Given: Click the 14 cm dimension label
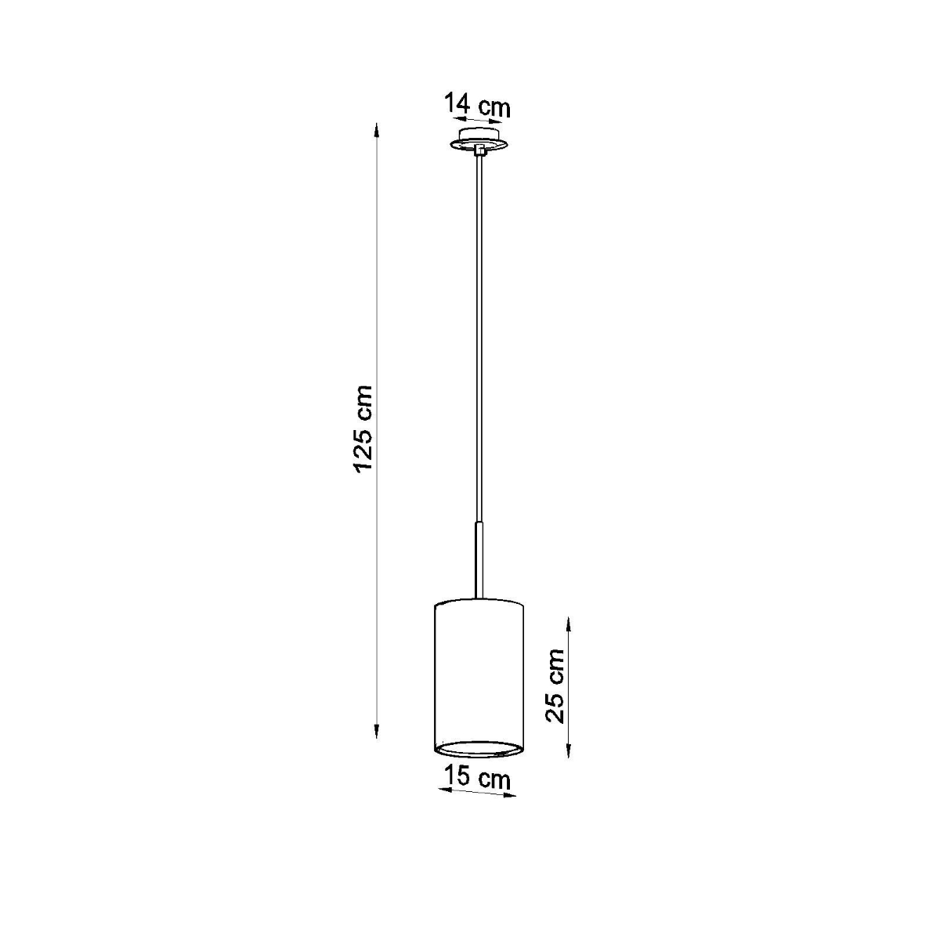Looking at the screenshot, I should (x=477, y=105).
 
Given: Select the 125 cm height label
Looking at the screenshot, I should (x=364, y=428).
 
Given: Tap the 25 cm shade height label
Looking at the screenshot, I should (x=555, y=685).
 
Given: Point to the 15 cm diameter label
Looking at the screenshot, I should (x=477, y=779).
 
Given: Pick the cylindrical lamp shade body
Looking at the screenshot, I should (x=479, y=674).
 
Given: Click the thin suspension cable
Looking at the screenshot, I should (x=479, y=337).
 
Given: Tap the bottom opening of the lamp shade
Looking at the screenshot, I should (x=479, y=750).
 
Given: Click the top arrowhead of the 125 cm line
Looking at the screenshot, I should (x=377, y=128).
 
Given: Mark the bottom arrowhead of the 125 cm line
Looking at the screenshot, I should (x=377, y=734).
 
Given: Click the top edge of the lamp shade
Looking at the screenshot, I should (x=479, y=602).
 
